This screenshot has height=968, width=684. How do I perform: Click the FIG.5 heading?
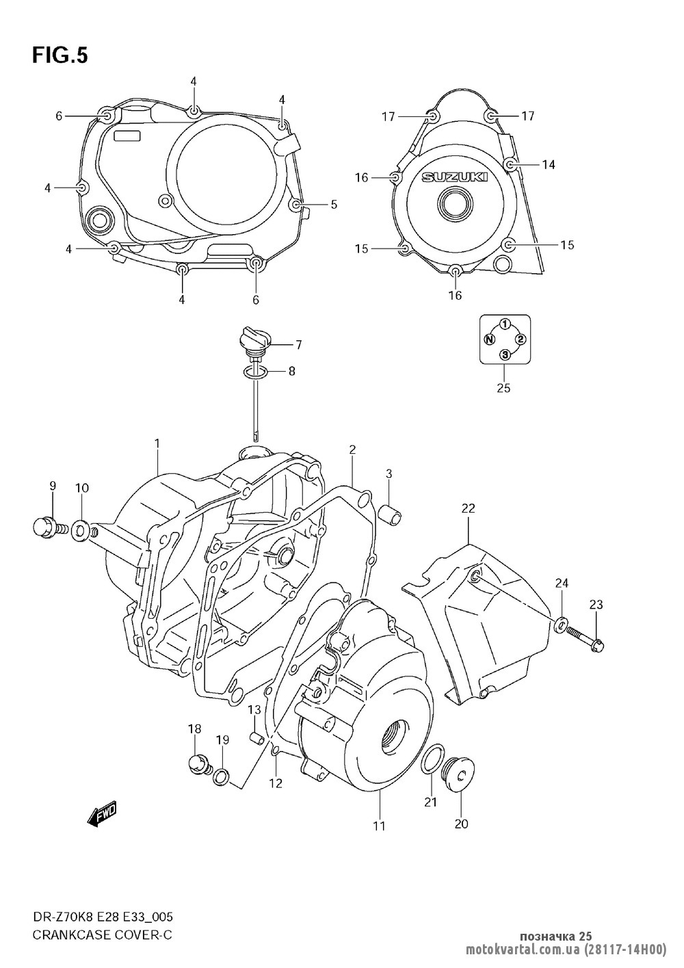click(x=60, y=55)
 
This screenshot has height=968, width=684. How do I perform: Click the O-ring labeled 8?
click(x=254, y=372)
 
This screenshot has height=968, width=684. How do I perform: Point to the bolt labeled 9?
click(x=47, y=527)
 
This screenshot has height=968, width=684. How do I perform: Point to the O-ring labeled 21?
click(x=429, y=759)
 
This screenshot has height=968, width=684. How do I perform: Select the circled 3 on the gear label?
click(x=505, y=354)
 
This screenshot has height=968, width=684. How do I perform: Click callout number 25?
click(x=504, y=388)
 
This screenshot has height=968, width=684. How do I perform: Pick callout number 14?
click(x=549, y=164)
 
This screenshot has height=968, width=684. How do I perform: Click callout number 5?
click(x=334, y=204)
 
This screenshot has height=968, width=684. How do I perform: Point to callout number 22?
click(x=468, y=508)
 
